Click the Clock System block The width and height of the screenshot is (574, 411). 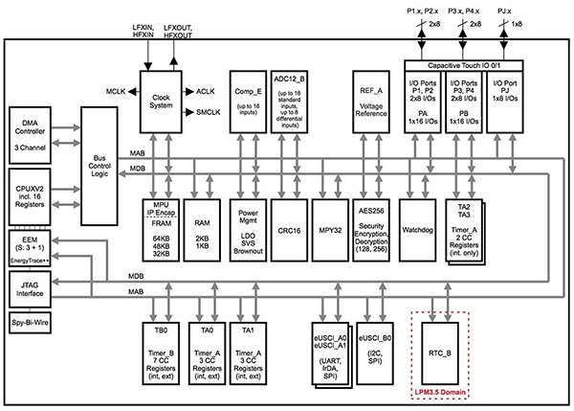coord(161,102)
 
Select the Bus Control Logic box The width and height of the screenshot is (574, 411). coord(99,166)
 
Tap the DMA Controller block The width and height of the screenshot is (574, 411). coord(30,135)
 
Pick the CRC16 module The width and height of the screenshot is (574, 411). coord(289,230)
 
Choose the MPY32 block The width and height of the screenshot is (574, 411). coord(330,230)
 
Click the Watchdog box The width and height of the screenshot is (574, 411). coord(417,230)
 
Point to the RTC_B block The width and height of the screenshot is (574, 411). coord(440,354)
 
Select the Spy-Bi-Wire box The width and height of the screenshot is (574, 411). coord(30,323)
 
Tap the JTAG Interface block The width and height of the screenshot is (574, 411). coord(30,289)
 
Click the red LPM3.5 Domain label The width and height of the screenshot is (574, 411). coord(440,392)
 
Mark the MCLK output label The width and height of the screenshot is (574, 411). coord(116,91)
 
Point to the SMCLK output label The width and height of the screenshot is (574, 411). coord(209,112)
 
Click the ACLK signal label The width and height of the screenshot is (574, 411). coord(206,91)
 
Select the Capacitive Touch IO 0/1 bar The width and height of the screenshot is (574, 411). coord(464,66)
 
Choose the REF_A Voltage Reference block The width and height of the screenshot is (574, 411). coord(371,102)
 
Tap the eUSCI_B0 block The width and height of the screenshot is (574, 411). coord(375,354)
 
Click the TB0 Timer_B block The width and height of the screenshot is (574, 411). coord(161,354)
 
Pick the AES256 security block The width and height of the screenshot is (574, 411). coord(371,230)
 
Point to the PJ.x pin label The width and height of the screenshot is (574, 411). coord(504,11)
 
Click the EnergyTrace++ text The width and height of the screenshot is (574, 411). coord(30,261)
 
